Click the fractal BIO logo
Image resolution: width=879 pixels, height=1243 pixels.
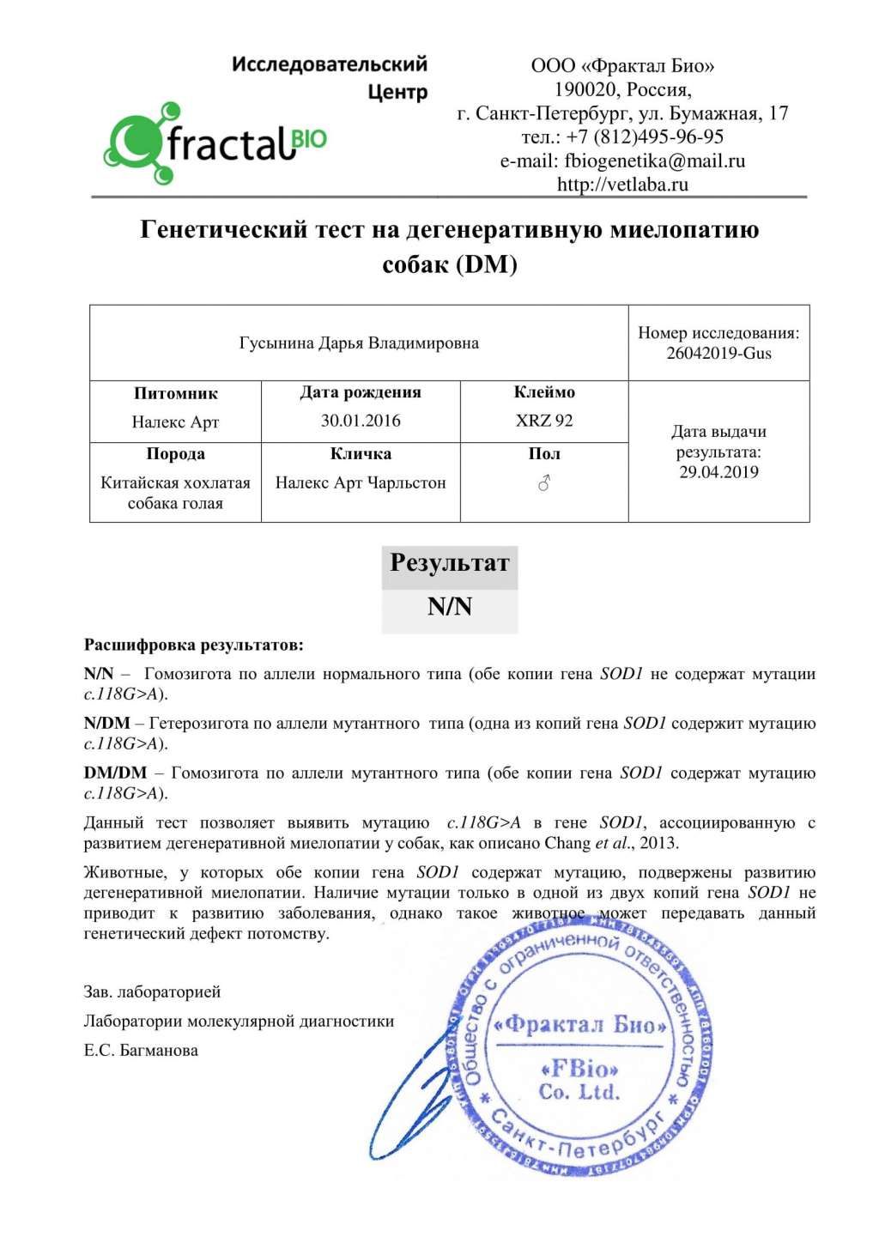click(215, 142)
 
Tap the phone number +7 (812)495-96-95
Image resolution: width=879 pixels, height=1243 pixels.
click(645, 136)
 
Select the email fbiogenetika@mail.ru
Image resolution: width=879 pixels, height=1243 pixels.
click(654, 161)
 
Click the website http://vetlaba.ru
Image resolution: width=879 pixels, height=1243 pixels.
click(622, 184)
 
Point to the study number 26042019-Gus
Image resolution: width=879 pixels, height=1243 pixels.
click(718, 353)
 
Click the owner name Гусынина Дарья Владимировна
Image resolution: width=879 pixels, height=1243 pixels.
click(359, 343)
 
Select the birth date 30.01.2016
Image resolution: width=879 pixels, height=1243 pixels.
click(361, 421)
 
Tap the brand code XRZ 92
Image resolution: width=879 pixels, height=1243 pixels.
click(544, 421)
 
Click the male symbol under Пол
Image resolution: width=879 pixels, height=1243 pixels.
click(543, 484)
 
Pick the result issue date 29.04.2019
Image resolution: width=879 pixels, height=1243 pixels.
click(718, 471)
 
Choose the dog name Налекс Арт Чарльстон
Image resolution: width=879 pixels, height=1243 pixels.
click(361, 482)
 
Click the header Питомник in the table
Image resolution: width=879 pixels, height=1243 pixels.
click(175, 393)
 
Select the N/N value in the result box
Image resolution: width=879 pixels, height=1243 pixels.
click(450, 607)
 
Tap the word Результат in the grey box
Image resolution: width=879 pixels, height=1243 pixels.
click(450, 563)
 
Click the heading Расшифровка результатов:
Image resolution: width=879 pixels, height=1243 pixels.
click(193, 645)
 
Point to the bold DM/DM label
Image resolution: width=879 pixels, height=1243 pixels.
click(115, 773)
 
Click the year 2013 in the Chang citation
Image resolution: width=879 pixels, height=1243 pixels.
click(658, 843)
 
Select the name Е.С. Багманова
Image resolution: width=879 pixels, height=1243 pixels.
click(141, 1050)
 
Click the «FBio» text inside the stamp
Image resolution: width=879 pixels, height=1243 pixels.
click(579, 1069)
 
